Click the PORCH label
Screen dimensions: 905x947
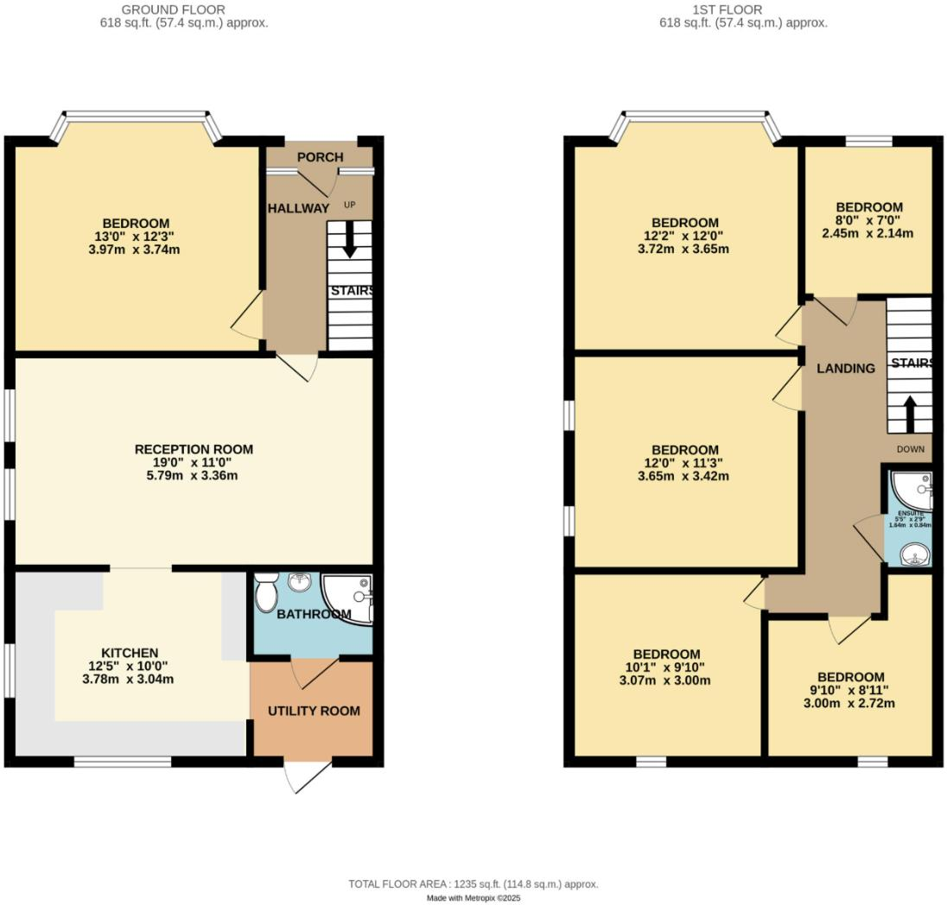click(x=320, y=157)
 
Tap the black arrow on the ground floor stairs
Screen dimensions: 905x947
click(x=349, y=240)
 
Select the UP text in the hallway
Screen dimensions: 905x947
click(x=349, y=205)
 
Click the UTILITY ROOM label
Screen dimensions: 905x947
click(x=313, y=711)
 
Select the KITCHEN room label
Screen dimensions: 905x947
click(x=130, y=653)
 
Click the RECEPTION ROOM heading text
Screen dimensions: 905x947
click(x=194, y=449)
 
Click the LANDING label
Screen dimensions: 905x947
click(x=846, y=368)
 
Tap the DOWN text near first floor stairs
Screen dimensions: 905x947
click(x=910, y=449)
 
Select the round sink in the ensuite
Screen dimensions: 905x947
click(x=914, y=555)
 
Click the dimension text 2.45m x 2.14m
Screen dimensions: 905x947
click(x=868, y=233)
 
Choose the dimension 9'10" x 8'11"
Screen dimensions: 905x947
click(x=851, y=690)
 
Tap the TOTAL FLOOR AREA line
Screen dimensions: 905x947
click(x=473, y=883)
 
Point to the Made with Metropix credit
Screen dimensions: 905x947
click(x=473, y=898)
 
